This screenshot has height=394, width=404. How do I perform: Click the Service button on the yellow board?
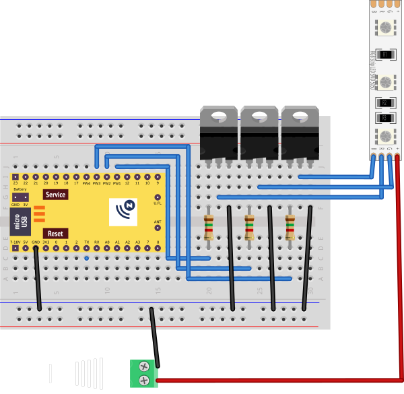55,195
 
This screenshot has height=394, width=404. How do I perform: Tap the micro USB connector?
21,222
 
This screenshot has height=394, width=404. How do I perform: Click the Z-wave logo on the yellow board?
126,211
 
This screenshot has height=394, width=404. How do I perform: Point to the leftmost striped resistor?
209,227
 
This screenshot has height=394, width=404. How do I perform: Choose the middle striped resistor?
249,227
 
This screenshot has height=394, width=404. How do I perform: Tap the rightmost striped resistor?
290,227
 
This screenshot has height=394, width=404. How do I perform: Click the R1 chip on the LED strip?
385,55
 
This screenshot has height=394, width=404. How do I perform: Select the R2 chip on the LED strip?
385,103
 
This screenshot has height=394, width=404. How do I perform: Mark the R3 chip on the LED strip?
385,119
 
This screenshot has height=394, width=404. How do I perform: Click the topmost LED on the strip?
385,28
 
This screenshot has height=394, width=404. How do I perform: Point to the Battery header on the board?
20,197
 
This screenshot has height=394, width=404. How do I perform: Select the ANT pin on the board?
158,229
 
